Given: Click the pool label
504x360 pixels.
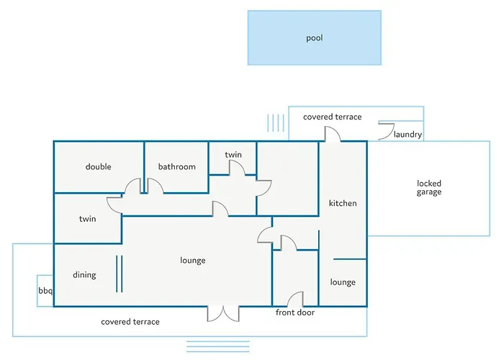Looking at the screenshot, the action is point(315,38).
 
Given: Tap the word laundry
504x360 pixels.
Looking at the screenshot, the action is point(408,135).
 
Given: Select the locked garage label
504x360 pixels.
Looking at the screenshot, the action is point(429,188).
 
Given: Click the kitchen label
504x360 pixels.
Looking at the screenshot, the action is point(343,203).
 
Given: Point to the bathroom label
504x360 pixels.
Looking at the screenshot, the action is point(177,166).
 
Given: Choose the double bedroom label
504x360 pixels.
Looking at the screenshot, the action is point(99,166).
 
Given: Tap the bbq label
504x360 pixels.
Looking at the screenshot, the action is point(45,291).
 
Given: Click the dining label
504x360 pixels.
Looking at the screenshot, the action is point(84,275).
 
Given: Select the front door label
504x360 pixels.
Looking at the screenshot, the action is point(295,312).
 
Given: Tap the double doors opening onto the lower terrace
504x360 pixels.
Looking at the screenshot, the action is point(223,314).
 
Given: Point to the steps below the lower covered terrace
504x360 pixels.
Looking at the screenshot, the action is point(218,346).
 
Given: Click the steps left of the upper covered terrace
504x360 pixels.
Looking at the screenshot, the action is point(276,123).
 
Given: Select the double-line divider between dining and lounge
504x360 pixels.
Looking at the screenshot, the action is point(120,274).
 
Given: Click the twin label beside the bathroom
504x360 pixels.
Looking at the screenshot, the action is point(233,155).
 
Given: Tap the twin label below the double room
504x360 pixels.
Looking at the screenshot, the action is point(87,219).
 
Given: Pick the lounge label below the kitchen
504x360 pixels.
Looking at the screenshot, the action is point(343,282).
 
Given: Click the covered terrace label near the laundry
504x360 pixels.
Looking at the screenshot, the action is point(333,117).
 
